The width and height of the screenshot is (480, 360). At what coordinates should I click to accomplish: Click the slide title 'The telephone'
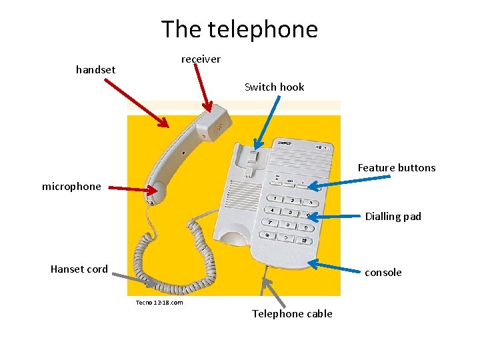(239, 29)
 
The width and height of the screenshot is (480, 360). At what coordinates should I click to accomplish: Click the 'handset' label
(95, 69)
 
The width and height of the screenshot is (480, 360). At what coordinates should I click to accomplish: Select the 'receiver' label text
(201, 59)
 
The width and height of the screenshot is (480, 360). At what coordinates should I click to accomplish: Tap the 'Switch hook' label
(274, 87)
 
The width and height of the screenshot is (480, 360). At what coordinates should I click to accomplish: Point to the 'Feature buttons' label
(396, 168)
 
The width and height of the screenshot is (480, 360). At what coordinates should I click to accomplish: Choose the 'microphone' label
(71, 187)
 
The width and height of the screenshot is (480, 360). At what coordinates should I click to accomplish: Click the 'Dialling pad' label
(393, 217)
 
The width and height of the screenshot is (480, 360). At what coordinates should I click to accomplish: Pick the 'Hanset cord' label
(79, 269)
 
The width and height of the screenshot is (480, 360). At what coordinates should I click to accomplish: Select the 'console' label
(383, 272)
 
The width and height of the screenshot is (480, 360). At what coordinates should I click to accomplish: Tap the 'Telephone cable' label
(292, 314)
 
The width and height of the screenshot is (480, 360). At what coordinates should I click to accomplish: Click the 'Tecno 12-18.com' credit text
(159, 303)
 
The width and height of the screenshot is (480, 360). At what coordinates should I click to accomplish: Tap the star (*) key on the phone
(267, 235)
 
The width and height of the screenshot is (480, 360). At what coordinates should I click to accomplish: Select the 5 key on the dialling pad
(290, 212)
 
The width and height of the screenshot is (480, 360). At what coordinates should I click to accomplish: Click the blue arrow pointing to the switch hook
(267, 121)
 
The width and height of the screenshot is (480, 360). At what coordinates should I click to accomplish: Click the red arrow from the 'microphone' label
(133, 189)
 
